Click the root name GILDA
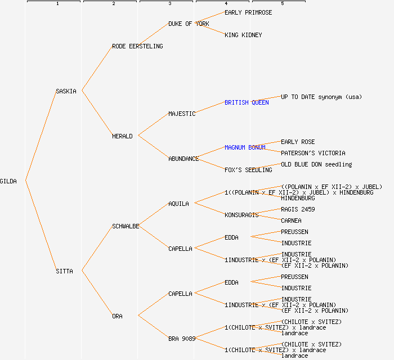point(8,181)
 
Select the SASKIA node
point(66,91)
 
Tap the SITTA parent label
point(64,271)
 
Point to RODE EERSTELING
point(137,46)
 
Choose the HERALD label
point(122,136)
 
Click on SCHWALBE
point(126,226)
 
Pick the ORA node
point(117,316)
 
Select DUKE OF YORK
point(189,24)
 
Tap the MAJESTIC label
point(182,114)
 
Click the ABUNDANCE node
point(183,159)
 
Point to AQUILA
point(178,204)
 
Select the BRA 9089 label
point(182,339)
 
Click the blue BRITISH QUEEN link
point(247,102)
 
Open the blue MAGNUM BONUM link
point(245,147)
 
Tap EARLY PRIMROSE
point(248,12)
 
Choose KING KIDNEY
point(243,35)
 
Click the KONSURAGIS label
point(241,215)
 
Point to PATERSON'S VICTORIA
point(313,153)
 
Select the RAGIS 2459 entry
point(298,209)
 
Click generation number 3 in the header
point(169,4)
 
